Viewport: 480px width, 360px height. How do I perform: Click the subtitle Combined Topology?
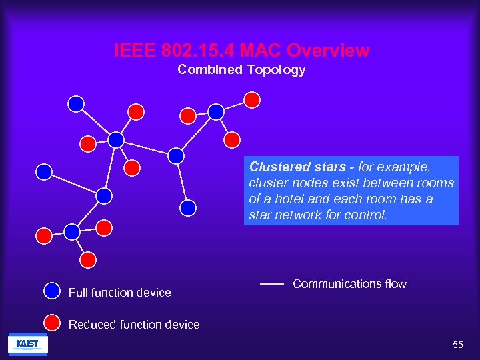(x=241, y=70)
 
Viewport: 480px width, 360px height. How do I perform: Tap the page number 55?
(x=457, y=345)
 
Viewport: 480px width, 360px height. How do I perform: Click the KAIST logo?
(x=27, y=344)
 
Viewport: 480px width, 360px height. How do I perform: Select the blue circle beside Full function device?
(x=52, y=291)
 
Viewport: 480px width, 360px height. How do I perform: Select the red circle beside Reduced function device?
(x=52, y=322)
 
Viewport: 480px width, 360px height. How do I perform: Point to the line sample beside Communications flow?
(x=272, y=284)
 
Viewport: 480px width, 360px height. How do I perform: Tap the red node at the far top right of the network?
(x=252, y=100)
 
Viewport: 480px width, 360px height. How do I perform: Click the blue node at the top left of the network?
(x=77, y=103)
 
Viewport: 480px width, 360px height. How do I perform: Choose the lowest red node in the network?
(x=87, y=259)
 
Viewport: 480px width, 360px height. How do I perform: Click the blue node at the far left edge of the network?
(x=44, y=172)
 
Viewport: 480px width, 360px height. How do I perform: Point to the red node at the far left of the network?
(x=43, y=235)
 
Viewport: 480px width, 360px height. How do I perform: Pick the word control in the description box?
(x=363, y=215)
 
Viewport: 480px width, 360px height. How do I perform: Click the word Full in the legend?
(x=78, y=293)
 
